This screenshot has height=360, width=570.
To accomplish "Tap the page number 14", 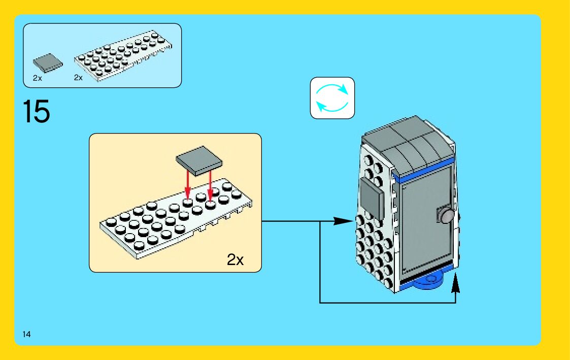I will (26, 334).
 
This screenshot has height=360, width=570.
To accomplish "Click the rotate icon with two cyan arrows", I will (332, 98).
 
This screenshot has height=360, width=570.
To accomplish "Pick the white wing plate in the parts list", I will (127, 55).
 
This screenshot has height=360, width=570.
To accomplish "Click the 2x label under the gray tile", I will (37, 78).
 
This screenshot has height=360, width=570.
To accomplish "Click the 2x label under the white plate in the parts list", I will (78, 78).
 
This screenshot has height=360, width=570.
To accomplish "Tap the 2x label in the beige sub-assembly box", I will (235, 260).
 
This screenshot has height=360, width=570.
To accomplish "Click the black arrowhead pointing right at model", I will (343, 221).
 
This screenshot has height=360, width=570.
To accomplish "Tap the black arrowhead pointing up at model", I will (455, 281).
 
